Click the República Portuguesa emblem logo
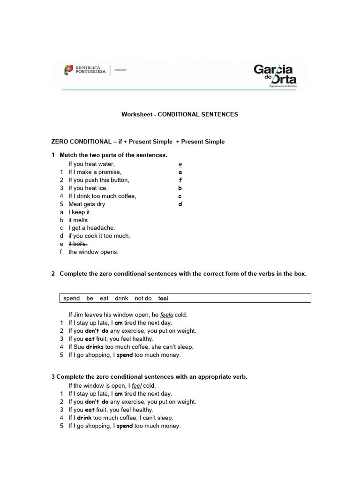[x=69, y=70]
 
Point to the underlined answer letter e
[x=180, y=164]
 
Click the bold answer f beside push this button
[x=180, y=180]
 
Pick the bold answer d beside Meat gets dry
[x=180, y=204]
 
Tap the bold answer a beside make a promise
[x=180, y=172]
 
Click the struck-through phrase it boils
[x=78, y=244]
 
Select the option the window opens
[x=93, y=252]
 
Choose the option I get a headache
[x=91, y=228]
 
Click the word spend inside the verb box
[x=71, y=298]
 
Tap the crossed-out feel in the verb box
[x=163, y=298]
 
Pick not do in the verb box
[x=143, y=298]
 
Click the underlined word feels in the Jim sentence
[x=166, y=315]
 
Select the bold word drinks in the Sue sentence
[x=95, y=347]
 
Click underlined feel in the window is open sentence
[x=136, y=386]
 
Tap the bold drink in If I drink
[x=84, y=418]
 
